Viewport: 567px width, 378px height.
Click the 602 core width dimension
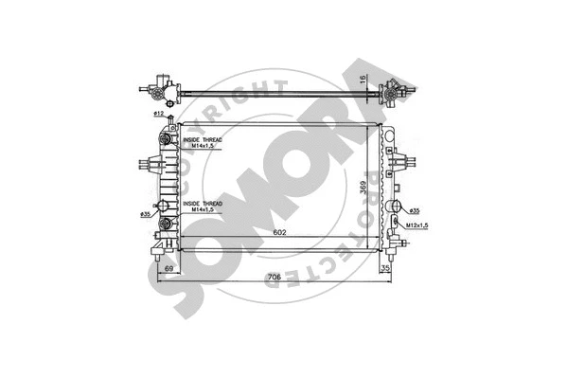pos(280,233)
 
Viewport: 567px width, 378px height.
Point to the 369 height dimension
pos(363,189)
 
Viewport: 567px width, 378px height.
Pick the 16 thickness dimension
pos(363,80)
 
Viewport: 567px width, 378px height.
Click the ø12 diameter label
pos(158,115)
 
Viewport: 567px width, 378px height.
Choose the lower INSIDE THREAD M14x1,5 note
pos(200,207)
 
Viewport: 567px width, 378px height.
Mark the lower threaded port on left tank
pos(169,224)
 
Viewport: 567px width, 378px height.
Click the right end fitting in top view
pos(391,91)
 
